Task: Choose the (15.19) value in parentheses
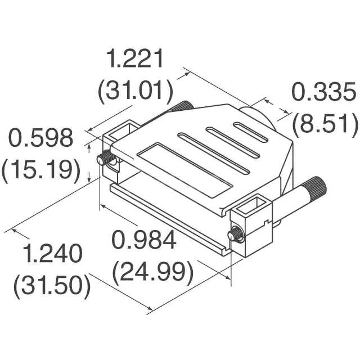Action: [x=40, y=169]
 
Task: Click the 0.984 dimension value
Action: [x=144, y=241]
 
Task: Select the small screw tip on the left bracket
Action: [x=103, y=160]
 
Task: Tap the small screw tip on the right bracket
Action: [x=233, y=235]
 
